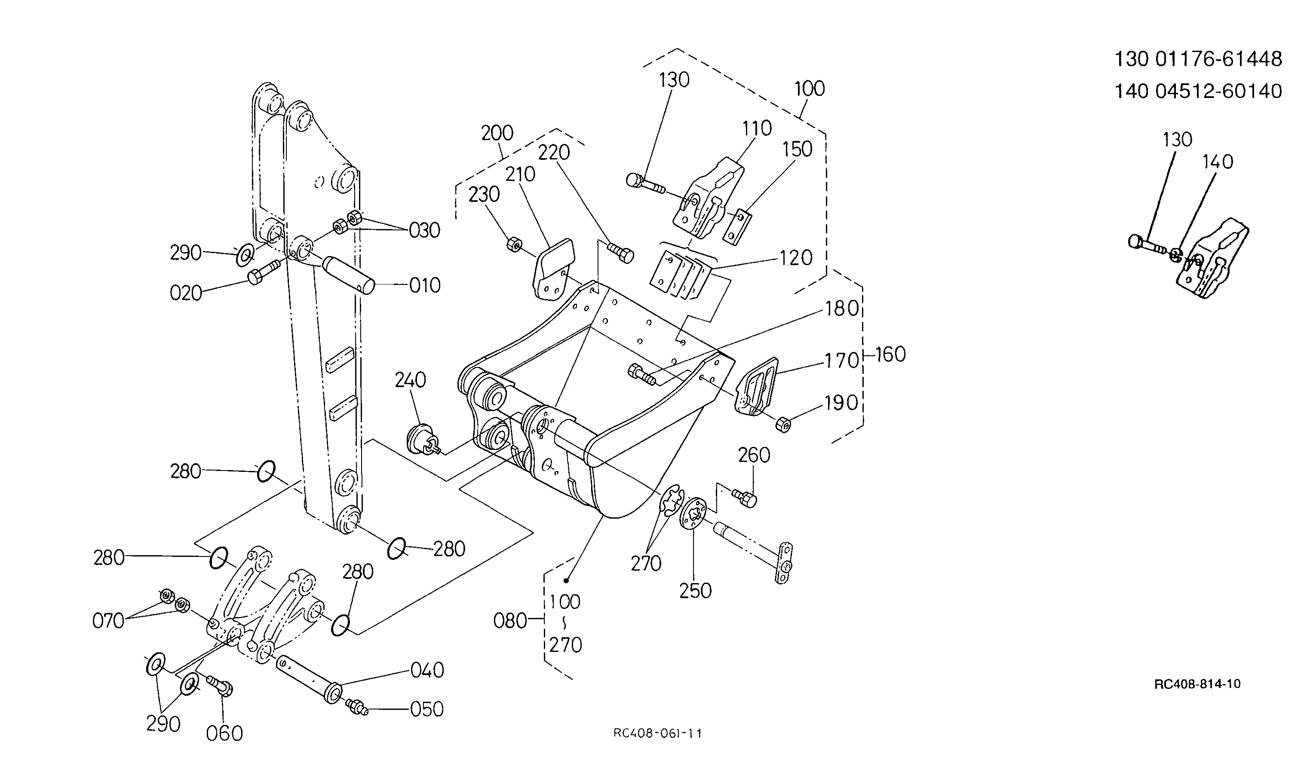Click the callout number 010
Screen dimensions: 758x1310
click(425, 285)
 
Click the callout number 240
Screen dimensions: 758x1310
click(410, 380)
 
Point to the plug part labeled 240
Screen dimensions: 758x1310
click(422, 440)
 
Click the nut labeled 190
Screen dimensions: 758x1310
click(782, 424)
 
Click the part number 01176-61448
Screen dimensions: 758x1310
click(1218, 59)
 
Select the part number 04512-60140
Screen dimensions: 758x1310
click(1218, 92)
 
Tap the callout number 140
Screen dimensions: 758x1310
click(1218, 162)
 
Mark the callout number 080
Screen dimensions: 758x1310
click(509, 620)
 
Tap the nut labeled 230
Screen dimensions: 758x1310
click(514, 244)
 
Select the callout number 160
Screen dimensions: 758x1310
click(890, 355)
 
